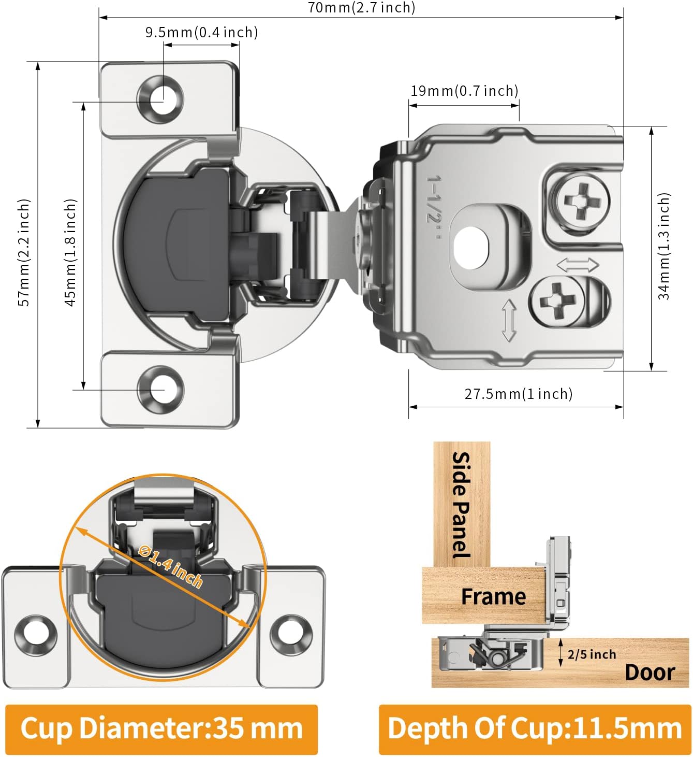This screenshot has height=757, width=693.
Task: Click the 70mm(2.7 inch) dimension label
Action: pyautogui.click(x=361, y=8)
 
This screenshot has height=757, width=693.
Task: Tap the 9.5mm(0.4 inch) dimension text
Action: pyautogui.click(x=201, y=32)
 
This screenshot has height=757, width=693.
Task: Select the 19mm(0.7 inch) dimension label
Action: pyautogui.click(x=464, y=91)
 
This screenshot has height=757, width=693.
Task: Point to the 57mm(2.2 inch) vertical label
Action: pyautogui.click(x=24, y=252)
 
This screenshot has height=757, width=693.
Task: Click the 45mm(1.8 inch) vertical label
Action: pyautogui.click(x=70, y=252)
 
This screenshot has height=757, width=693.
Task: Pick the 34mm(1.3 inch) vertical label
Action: pyautogui.click(x=663, y=246)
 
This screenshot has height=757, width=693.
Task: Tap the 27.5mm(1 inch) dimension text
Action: pyautogui.click(x=518, y=394)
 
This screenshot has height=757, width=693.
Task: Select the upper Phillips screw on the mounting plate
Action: pyautogui.click(x=579, y=200)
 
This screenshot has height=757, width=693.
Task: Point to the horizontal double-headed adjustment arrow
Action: pyautogui.click(x=578, y=265)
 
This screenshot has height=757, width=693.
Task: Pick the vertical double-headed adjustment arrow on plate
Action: pyautogui.click(x=509, y=320)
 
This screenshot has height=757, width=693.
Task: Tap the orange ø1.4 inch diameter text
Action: pyautogui.click(x=171, y=566)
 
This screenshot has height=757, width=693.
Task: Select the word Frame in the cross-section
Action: pyautogui.click(x=493, y=596)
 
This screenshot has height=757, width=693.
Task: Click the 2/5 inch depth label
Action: pyautogui.click(x=592, y=654)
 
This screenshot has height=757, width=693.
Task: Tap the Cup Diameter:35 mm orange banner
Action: pyautogui.click(x=161, y=729)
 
